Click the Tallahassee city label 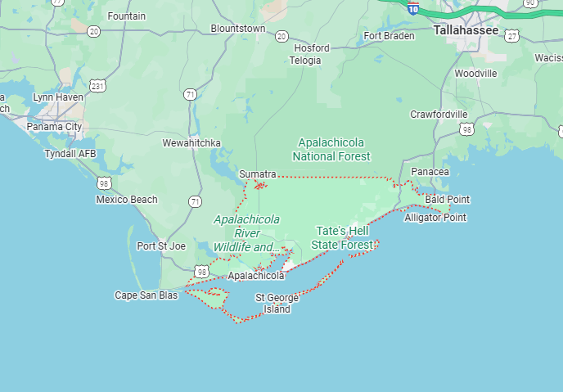click(466, 29)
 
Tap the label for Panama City click(54, 127)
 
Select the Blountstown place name click(238, 29)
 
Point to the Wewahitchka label click(191, 143)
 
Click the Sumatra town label click(258, 174)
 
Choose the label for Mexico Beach click(127, 200)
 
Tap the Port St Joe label click(161, 246)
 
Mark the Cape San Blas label click(146, 295)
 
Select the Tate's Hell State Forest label click(343, 237)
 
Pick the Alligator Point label click(435, 218)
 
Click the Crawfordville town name click(439, 114)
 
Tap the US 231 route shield click(98, 86)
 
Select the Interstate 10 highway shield click(414, 8)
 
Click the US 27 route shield click(512, 36)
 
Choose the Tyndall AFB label click(71, 153)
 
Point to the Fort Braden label click(389, 36)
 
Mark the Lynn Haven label click(58, 97)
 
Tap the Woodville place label click(475, 74)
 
